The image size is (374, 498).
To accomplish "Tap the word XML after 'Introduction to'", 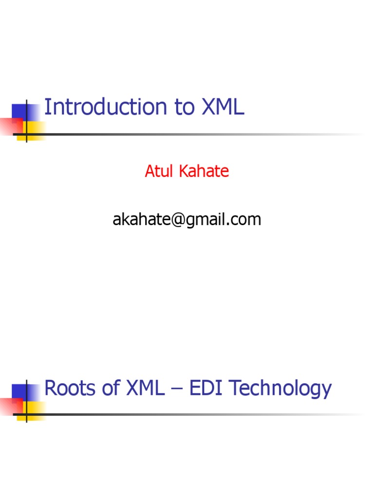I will click(x=223, y=107).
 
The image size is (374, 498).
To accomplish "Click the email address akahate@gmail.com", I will click(x=187, y=220).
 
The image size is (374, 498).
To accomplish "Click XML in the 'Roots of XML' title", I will click(x=146, y=389).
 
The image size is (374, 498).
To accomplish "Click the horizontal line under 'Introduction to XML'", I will click(x=195, y=134).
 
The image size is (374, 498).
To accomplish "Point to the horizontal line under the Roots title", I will click(x=195, y=414).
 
